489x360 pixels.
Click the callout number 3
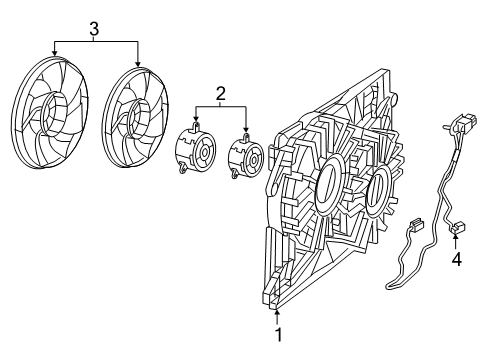[95, 30]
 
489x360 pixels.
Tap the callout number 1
[278, 337]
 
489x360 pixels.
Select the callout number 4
[456, 260]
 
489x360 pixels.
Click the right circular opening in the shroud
[378, 189]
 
